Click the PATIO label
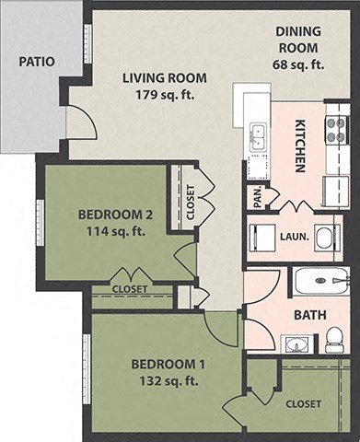36,62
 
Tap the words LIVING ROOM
165,77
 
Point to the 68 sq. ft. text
297,64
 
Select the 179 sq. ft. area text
165,94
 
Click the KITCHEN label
299,146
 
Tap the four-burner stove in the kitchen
337,129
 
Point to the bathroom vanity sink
295,345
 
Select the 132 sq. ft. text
166,379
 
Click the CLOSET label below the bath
303,404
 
